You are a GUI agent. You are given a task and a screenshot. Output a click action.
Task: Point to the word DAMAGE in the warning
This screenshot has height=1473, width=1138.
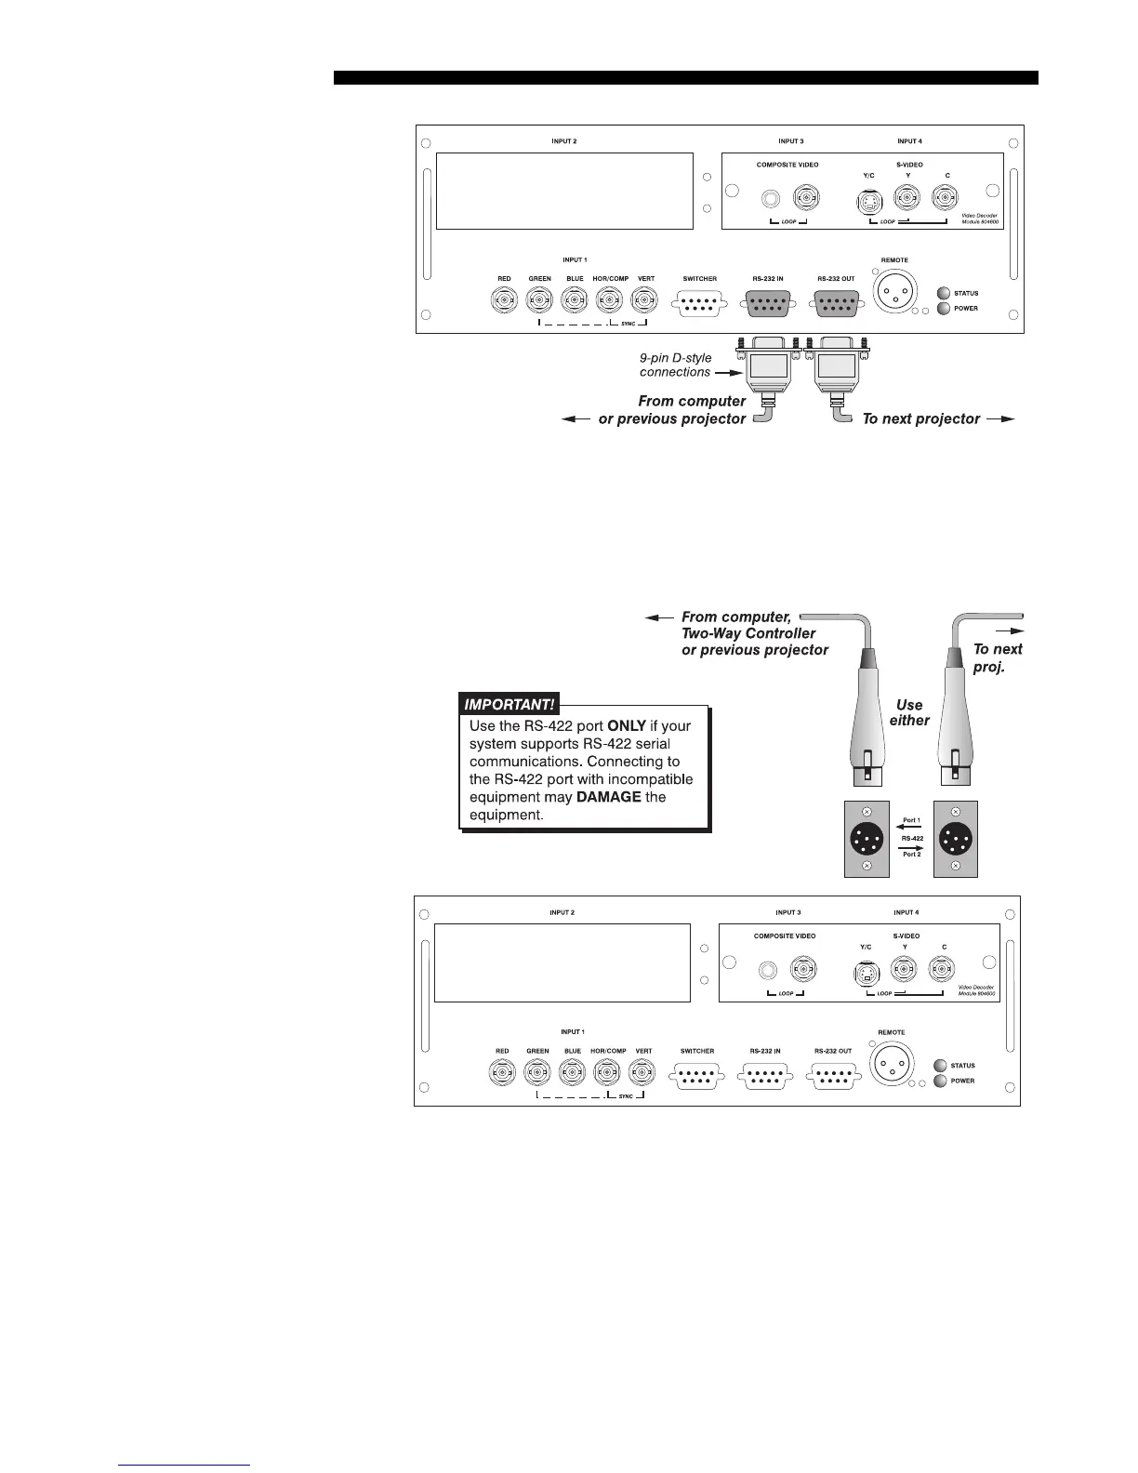click(x=609, y=797)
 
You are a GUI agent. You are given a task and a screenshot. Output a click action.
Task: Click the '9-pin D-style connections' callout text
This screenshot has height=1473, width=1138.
click(x=676, y=365)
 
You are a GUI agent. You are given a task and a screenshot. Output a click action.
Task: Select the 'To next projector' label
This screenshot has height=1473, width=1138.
click(x=921, y=418)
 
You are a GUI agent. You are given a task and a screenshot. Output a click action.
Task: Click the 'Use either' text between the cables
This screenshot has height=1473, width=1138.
click(x=909, y=712)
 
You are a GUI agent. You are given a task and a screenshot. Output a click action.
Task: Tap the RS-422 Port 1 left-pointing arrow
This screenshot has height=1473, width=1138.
click(x=911, y=826)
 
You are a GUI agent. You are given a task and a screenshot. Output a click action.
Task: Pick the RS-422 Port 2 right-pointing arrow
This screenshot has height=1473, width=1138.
click(x=911, y=847)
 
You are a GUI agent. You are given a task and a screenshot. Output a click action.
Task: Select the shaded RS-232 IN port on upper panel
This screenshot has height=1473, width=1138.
click(x=767, y=302)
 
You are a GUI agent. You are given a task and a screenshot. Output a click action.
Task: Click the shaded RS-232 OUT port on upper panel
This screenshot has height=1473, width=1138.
click(x=836, y=302)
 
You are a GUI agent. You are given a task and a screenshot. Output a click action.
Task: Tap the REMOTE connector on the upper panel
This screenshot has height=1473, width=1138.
click(x=893, y=292)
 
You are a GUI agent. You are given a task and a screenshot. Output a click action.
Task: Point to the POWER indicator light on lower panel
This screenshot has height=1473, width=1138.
click(x=940, y=1081)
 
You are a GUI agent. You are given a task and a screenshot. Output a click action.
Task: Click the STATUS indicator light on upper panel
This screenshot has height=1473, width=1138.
click(x=943, y=294)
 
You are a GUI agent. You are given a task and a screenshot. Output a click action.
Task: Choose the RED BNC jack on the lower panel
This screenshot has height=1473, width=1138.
click(x=502, y=1074)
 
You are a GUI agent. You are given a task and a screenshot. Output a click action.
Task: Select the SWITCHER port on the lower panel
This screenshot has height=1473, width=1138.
click(x=697, y=1076)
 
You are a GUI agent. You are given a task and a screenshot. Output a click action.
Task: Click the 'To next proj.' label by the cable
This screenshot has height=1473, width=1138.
click(x=997, y=658)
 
